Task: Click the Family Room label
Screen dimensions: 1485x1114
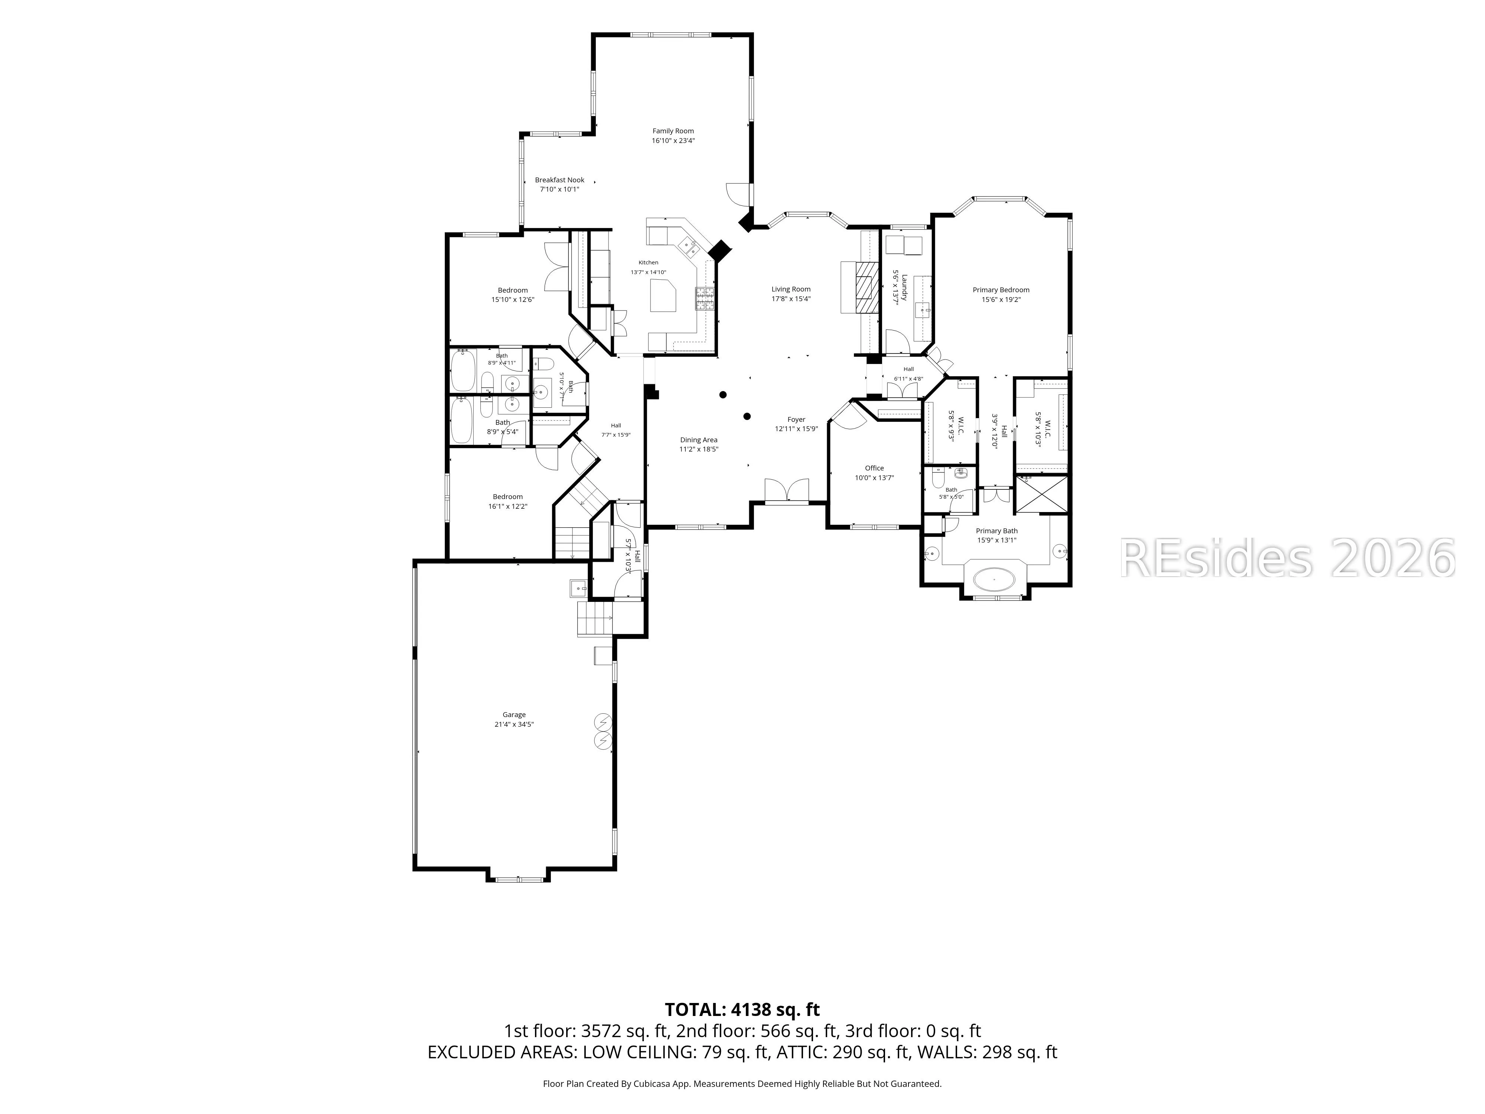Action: coord(673,131)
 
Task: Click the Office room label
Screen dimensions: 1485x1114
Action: coord(874,468)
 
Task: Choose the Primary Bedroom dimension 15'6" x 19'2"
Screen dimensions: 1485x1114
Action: coord(1001,300)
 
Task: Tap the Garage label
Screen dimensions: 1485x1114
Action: coord(514,714)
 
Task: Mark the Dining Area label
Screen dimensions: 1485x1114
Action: coord(699,440)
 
